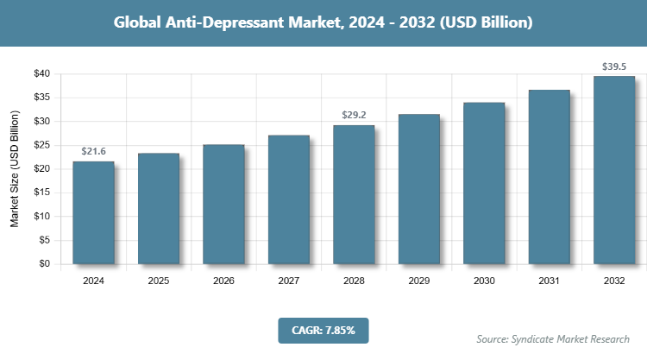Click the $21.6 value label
[x=93, y=151]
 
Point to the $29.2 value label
[x=354, y=115]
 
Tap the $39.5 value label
[x=614, y=66]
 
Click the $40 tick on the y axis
[x=41, y=74]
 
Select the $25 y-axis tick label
[x=41, y=145]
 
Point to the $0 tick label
[x=45, y=264]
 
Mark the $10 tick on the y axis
[x=41, y=217]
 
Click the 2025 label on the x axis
[x=159, y=281]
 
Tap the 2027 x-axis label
[x=289, y=281]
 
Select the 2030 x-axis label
[x=484, y=281]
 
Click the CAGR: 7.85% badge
[x=323, y=330]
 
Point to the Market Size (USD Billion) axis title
[x=15, y=169]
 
